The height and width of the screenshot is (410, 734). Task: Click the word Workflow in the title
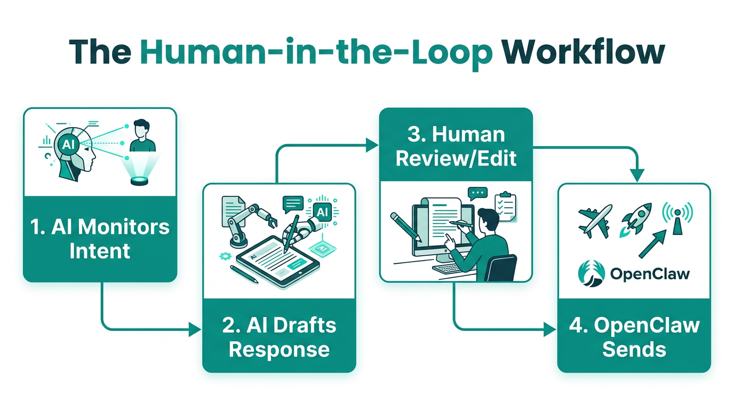point(584,52)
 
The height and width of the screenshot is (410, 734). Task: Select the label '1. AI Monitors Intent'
point(100,239)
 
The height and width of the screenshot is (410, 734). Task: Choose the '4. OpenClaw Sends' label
point(634,337)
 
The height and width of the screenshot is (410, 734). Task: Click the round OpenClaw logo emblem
point(591,274)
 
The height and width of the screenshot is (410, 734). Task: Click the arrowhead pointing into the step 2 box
point(196,330)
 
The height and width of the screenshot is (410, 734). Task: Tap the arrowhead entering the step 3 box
point(372,144)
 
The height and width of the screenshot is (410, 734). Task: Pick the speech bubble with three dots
point(477,193)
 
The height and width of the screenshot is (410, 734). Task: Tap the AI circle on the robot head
point(68,144)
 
